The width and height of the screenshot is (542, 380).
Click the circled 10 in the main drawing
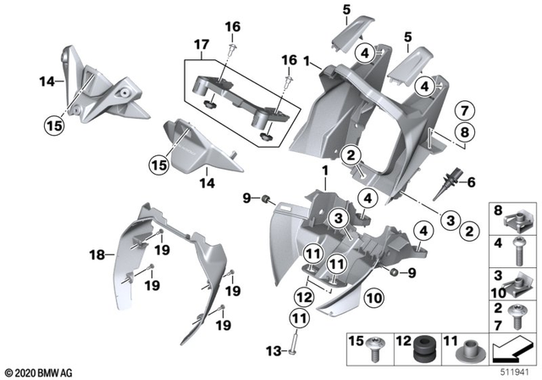(374, 297)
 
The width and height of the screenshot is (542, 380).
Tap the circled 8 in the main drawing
(463, 131)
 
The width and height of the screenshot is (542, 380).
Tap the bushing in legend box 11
(468, 349)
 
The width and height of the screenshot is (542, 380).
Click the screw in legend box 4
(516, 252)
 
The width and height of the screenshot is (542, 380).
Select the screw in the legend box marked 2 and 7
(516, 315)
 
